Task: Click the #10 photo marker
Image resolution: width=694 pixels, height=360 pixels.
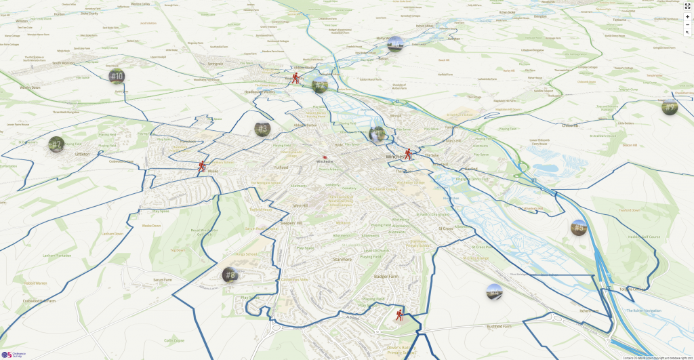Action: [117, 77]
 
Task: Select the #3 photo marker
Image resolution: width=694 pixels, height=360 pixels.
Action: [263, 128]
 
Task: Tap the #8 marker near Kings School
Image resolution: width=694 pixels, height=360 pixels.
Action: [230, 275]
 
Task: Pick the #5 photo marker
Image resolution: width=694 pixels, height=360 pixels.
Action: [578, 228]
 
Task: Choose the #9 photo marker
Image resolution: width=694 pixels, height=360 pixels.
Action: [670, 106]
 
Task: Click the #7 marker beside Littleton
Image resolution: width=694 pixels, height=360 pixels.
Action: [56, 144]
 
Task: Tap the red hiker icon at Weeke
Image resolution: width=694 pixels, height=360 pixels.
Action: [202, 166]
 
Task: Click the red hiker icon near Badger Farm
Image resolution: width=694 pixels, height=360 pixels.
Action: [399, 315]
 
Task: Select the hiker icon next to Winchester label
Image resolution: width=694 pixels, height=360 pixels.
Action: [408, 155]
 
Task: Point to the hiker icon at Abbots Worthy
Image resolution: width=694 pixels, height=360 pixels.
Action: [295, 79]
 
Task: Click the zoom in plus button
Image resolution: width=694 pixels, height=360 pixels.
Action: [687, 17]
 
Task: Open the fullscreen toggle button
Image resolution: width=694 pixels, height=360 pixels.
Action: [687, 5]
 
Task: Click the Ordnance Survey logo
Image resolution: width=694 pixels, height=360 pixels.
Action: [13, 354]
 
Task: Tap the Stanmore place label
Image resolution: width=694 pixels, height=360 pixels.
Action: [342, 260]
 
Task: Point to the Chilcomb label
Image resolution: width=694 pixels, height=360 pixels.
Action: [570, 125]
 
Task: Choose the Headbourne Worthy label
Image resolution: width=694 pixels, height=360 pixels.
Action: [259, 92]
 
